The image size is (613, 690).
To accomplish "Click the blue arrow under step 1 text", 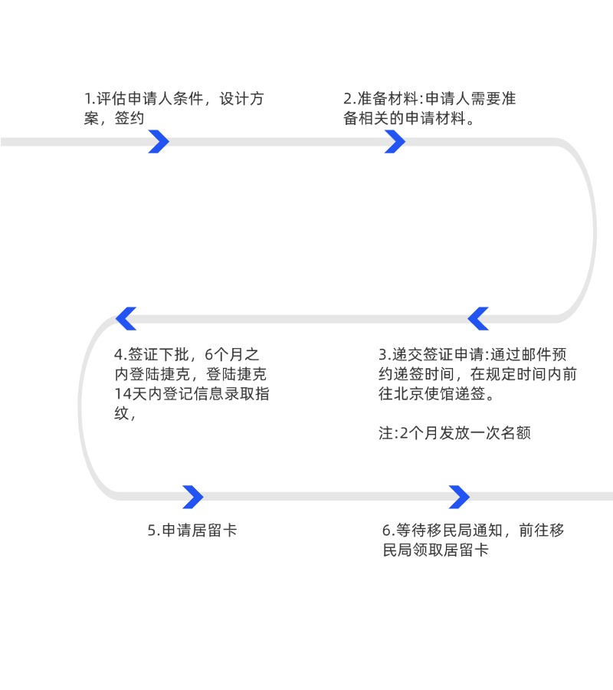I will (159, 142).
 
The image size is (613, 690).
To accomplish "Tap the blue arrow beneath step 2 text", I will (395, 142).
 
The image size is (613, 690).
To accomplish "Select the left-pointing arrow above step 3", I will (478, 318).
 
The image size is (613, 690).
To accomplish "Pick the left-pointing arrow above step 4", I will (126, 318).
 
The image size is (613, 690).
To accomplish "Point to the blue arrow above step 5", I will (192, 497).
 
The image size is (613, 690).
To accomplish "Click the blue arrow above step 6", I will (459, 497).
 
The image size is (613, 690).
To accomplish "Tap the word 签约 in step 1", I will (129, 119).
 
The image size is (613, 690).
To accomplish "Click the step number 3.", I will (382, 355).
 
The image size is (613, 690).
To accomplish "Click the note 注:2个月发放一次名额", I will (454, 433).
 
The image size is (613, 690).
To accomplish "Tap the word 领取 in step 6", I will (434, 550).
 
